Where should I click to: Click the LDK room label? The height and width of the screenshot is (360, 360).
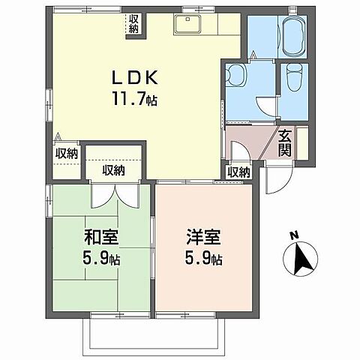(x=134, y=76)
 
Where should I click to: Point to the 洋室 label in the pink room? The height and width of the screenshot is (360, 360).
(x=204, y=242)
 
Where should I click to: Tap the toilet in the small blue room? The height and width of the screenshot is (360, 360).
(x=295, y=77)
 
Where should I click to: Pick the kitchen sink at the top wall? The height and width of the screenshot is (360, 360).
(x=184, y=25)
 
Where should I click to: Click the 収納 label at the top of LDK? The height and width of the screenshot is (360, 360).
(x=133, y=23)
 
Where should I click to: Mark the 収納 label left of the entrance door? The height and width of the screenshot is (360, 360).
(x=238, y=172)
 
